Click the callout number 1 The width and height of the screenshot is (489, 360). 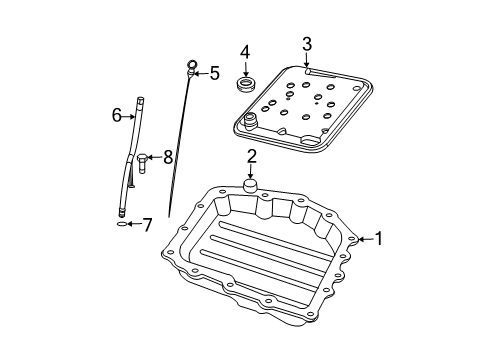click(x=378, y=238)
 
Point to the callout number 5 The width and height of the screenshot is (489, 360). click(x=214, y=72)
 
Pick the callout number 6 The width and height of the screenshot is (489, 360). click(x=117, y=116)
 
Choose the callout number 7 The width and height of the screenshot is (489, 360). click(x=147, y=226)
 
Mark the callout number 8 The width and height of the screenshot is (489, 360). click(x=168, y=156)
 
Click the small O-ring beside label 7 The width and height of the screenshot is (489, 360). click(x=122, y=226)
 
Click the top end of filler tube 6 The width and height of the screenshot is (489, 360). click(x=140, y=98)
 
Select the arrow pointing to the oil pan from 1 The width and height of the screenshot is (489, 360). click(x=363, y=238)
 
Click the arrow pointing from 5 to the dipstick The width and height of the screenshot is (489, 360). click(x=201, y=72)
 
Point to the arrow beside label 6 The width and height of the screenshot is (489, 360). click(x=130, y=116)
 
